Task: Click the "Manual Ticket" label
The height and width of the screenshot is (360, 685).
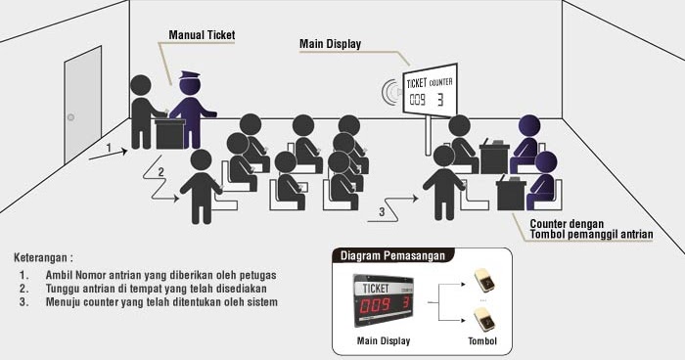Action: [202, 36]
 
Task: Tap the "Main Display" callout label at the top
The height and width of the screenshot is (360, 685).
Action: [330, 43]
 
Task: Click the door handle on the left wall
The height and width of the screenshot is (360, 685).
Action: [70, 117]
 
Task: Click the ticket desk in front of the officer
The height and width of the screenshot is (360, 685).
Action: [170, 133]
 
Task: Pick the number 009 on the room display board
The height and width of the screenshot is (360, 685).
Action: [418, 99]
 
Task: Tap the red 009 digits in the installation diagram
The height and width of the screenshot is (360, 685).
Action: [375, 305]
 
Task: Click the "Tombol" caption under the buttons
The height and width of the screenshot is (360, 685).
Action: [480, 341]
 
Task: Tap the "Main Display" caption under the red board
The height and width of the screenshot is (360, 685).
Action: [383, 341]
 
